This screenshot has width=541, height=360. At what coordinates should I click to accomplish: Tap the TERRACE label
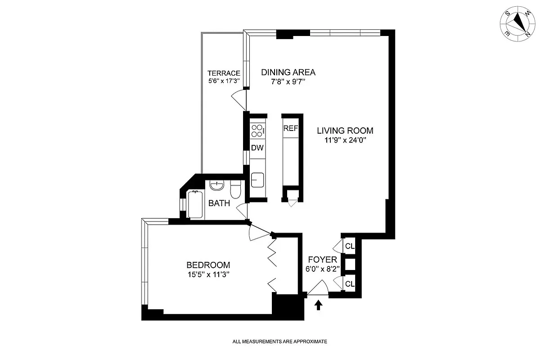[223, 73]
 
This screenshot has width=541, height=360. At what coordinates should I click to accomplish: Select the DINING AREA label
[289, 72]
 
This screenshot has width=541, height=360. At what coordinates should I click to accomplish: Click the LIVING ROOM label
[345, 130]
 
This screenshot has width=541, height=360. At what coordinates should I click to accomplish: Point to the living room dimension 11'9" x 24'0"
[345, 140]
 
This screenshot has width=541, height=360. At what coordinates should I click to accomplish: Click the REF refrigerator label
[290, 128]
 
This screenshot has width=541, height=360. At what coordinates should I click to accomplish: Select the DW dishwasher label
[257, 148]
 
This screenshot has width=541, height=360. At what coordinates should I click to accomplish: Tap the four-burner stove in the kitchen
[257, 130]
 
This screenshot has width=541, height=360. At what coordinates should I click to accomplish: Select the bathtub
[195, 205]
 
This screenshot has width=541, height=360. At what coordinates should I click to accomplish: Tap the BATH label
[219, 203]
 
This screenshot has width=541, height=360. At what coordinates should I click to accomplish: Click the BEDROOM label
[208, 265]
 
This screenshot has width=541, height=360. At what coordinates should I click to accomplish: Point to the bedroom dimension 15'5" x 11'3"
[208, 274]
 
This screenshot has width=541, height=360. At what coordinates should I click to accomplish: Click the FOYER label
[322, 260]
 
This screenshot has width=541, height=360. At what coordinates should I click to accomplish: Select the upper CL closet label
[350, 246]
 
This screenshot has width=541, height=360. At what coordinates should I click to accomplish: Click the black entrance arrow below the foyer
[319, 305]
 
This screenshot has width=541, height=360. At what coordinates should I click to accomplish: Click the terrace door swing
[239, 97]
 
